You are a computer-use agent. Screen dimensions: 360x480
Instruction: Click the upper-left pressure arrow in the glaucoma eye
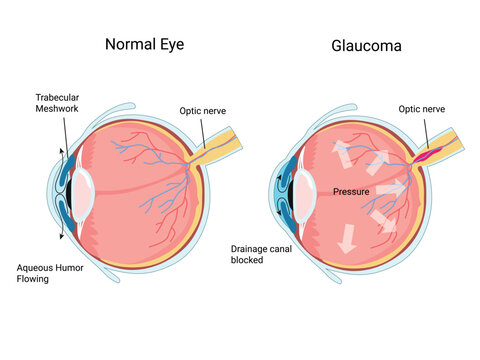(341, 153)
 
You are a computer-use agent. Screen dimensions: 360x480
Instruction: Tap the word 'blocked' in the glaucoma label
(246, 260)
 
